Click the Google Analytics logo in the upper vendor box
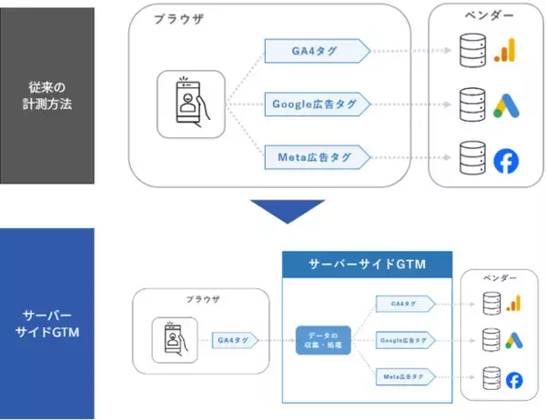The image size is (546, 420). pos(504,50)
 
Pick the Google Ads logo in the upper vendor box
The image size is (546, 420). pos(504,105)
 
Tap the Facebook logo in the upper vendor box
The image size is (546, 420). pos(504,160)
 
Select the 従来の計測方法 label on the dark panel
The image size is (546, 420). pos(47,95)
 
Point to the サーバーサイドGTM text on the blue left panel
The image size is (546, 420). pos(47,324)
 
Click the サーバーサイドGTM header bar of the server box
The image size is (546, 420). pos(365,265)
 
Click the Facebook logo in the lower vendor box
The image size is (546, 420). pos(515,379)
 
